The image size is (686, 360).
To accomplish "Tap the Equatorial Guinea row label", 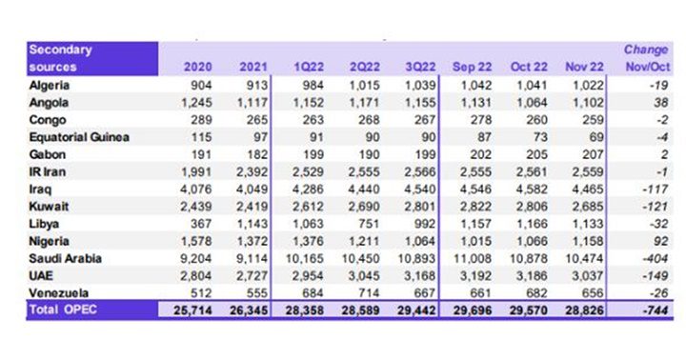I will coord(77,137).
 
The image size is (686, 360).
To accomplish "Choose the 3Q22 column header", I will coord(422,68).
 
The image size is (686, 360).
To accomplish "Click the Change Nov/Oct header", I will coord(644,58).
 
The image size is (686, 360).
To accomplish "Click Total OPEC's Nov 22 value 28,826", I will coord(588,310).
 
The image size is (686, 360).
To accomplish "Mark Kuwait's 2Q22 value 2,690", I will coord(368,206).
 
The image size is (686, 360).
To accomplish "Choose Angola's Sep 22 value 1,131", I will coord(480,102).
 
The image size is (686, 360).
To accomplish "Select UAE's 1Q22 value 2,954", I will coord(313,274).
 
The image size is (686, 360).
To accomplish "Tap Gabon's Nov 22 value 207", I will coord(594,154).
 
